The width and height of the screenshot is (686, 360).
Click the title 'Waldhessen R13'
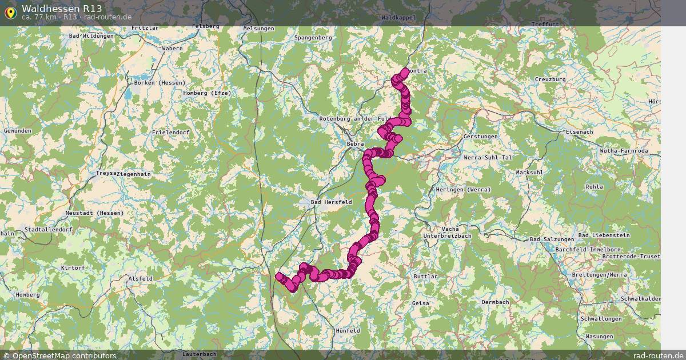(x=62, y=8)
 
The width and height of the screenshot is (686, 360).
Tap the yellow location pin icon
(x=10, y=11)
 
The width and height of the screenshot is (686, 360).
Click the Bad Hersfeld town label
(x=331, y=202)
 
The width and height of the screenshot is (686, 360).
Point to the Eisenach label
(x=579, y=131)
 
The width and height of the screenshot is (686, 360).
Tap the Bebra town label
(x=356, y=144)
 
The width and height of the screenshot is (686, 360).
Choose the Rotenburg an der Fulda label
(x=356, y=118)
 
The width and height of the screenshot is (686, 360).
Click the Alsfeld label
(x=141, y=278)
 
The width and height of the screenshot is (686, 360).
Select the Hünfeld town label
(x=348, y=330)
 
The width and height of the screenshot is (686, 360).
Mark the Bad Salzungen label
(x=552, y=239)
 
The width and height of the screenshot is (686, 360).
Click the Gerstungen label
(x=481, y=137)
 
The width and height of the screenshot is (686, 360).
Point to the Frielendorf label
(x=170, y=132)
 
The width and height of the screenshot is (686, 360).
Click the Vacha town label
(x=450, y=229)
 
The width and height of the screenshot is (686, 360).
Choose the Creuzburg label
(x=550, y=79)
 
